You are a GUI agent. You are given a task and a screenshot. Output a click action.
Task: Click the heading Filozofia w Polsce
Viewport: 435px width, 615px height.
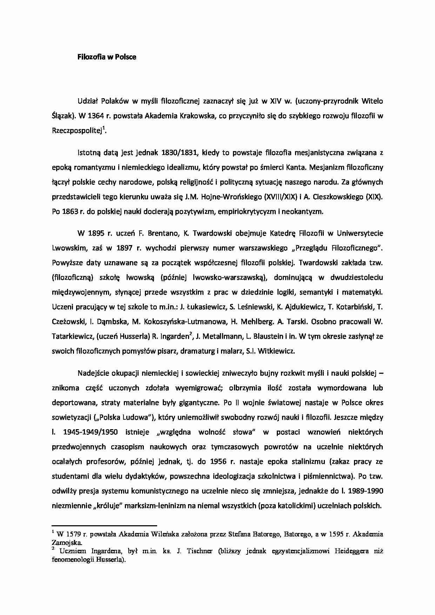coord(107,57)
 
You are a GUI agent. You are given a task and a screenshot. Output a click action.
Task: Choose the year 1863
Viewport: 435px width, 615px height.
coord(71,211)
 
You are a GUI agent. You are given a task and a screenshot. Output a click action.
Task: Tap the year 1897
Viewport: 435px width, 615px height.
coord(122,248)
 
